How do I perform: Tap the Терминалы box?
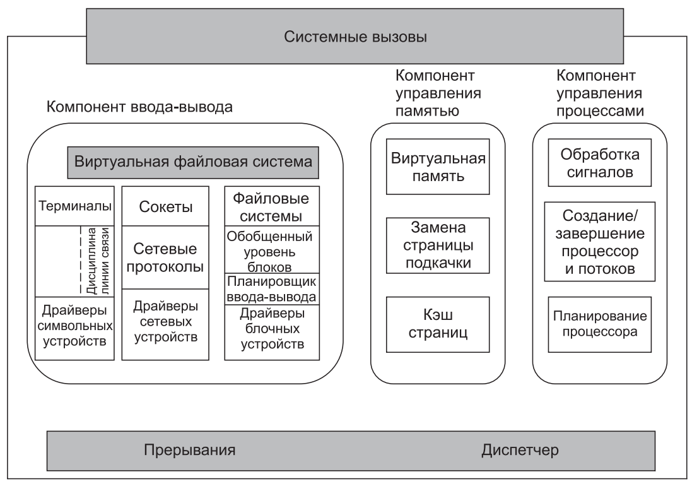(75, 206)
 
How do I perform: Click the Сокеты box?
(165, 207)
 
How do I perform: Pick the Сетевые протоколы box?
(165, 257)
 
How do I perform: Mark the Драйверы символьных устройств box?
(75, 326)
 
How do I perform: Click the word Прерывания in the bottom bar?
(190, 451)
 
